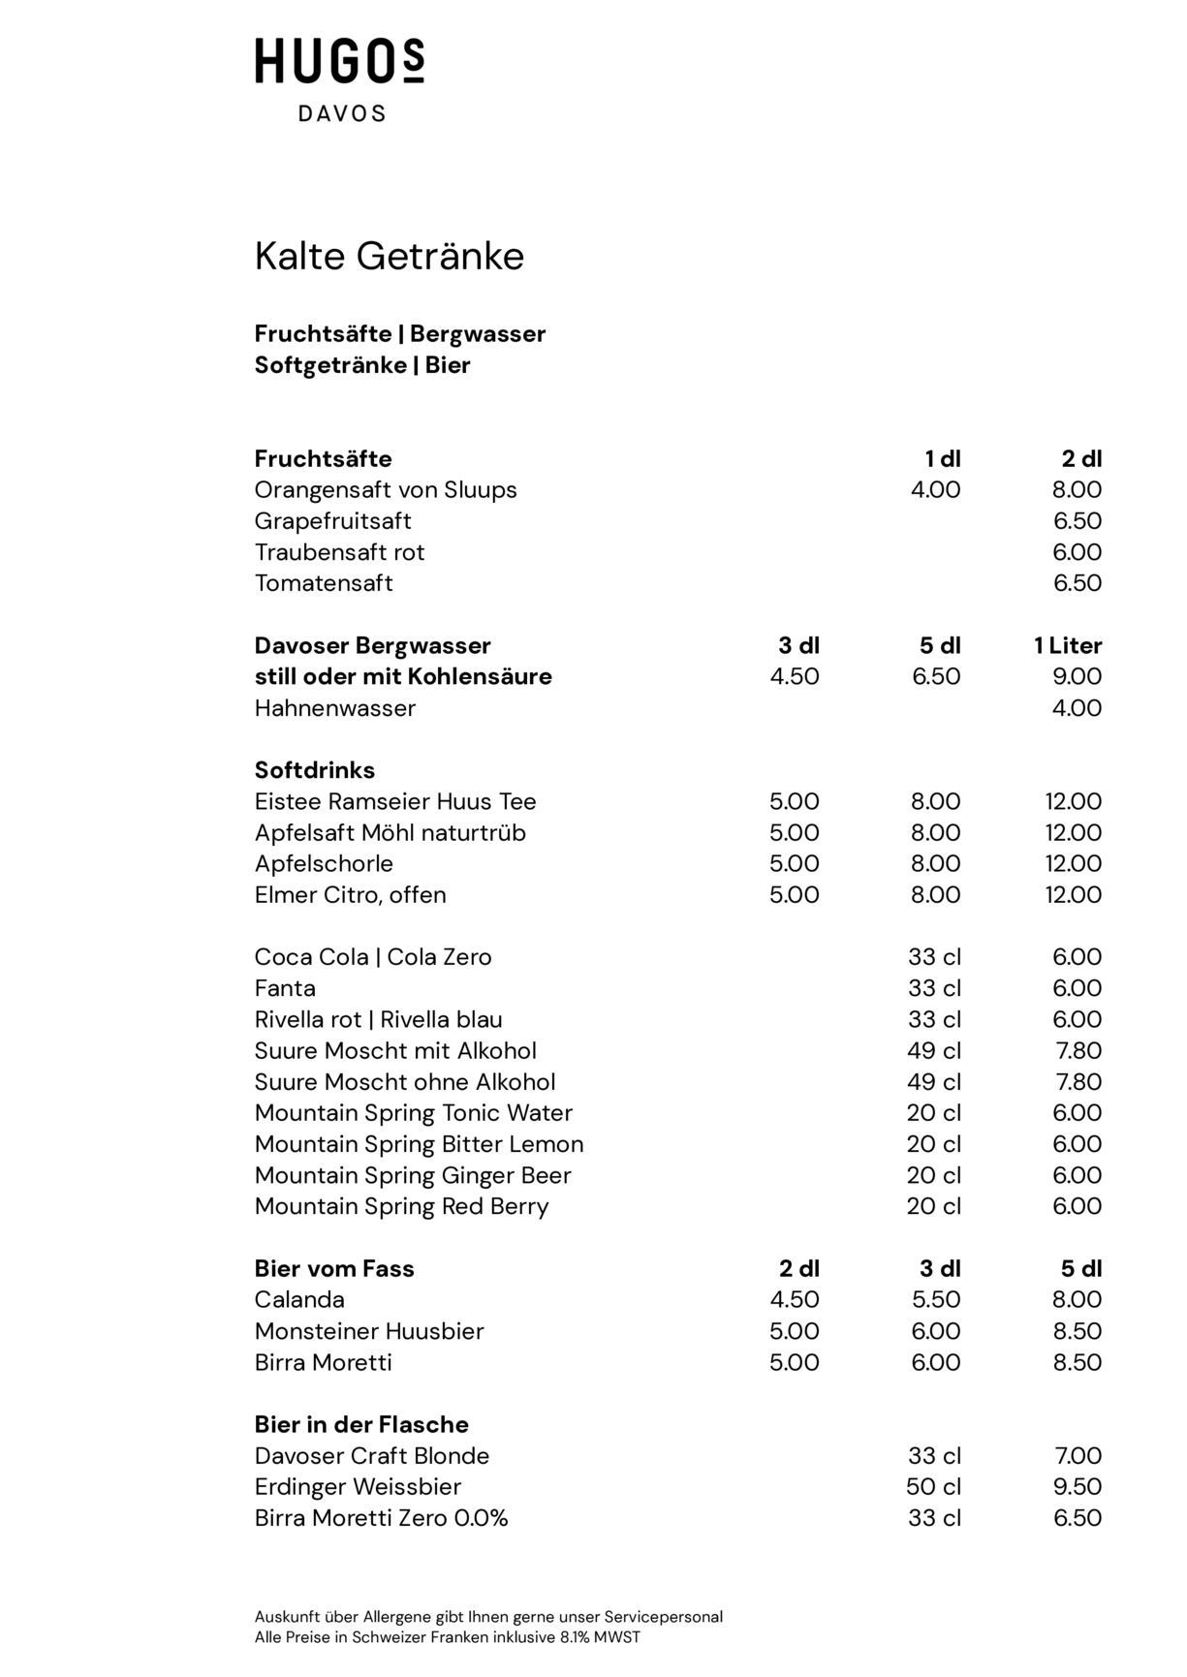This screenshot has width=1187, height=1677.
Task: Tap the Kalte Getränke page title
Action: coord(389,257)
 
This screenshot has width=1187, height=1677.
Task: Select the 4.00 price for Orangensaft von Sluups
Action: coord(935,490)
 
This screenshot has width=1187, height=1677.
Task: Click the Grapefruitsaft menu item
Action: coord(332,521)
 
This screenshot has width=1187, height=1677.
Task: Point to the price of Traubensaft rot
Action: coord(1077,552)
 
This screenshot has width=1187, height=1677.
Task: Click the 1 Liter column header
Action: coord(1068,646)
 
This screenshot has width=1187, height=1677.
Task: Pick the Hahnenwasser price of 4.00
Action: coord(1077,708)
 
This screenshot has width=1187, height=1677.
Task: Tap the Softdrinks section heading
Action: coord(314,770)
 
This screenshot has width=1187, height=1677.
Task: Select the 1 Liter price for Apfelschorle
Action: coord(1073,864)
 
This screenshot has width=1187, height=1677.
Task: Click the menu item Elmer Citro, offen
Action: coord(350,895)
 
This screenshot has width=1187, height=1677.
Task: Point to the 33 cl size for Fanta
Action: coord(934,988)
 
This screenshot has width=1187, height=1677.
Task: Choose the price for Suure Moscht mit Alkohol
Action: coord(1077,1051)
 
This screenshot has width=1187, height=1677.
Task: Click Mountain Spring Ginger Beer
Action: coord(412,1175)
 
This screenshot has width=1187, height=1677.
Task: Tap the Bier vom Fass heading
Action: coord(333,1269)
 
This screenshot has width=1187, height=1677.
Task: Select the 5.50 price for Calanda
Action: coord(935,1300)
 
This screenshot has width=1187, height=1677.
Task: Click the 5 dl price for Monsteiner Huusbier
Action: coord(1077,1331)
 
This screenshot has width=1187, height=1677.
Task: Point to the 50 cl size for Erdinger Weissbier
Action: coord(933,1487)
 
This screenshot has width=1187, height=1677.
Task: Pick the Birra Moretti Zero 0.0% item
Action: coord(381,1518)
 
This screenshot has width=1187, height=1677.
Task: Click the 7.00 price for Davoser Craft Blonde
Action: coord(1077,1456)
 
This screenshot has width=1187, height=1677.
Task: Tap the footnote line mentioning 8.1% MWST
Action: coord(447,1638)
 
